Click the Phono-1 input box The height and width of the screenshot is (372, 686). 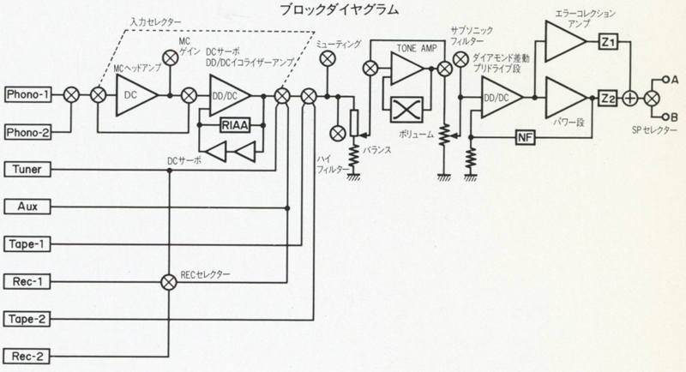(27, 93)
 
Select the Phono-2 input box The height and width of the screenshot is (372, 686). (27, 132)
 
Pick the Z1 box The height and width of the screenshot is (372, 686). (608, 44)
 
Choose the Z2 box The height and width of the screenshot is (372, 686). (608, 98)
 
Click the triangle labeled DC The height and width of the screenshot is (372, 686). (134, 93)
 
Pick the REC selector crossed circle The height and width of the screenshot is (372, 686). (169, 281)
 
